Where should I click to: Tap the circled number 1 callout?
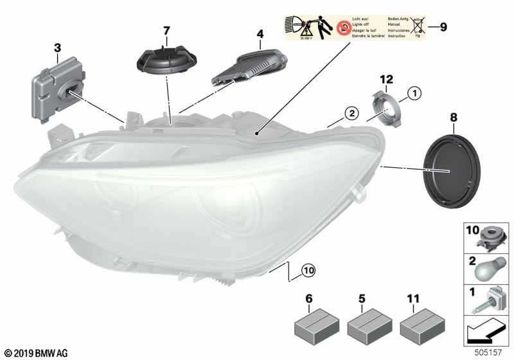[x=414, y=94]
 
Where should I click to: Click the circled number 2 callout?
[x=351, y=114]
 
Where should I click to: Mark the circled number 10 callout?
[x=308, y=272]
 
